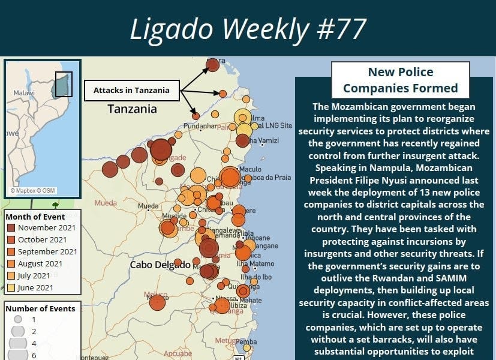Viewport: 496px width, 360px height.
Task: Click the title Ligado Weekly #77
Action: [x=248, y=28]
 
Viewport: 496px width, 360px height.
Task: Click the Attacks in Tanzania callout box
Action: [x=131, y=91]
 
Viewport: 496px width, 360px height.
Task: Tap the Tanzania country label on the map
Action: [x=132, y=109]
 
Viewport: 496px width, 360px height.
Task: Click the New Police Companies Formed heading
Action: [x=401, y=80]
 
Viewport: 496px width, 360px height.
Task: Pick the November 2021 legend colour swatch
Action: [x=11, y=227]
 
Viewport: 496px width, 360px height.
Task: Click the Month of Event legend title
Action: [x=35, y=217]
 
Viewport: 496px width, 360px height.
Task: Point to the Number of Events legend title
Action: [x=40, y=308]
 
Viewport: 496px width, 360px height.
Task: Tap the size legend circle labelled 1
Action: [x=18, y=319]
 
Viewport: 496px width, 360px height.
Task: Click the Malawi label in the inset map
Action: [x=25, y=94]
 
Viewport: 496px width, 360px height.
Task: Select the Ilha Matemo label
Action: [x=262, y=264]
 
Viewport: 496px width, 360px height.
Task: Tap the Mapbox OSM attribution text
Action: [x=33, y=191]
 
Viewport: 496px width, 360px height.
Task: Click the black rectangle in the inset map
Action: [x=64, y=85]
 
